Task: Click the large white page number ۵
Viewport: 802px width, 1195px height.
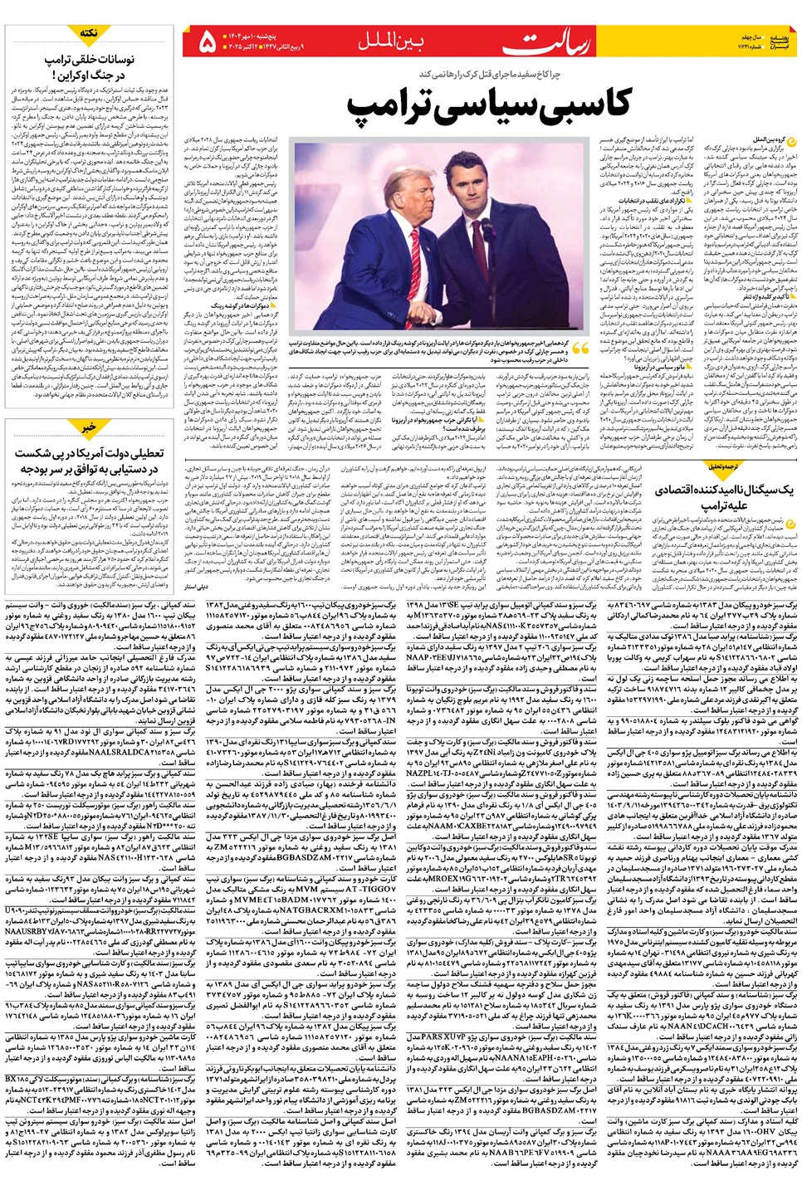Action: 208,41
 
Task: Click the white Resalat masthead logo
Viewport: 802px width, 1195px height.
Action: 555,42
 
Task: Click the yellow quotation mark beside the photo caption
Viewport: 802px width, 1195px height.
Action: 579,349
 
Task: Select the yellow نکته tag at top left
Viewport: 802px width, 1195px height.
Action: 88,32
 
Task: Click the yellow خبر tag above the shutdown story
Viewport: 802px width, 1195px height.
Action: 88,427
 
